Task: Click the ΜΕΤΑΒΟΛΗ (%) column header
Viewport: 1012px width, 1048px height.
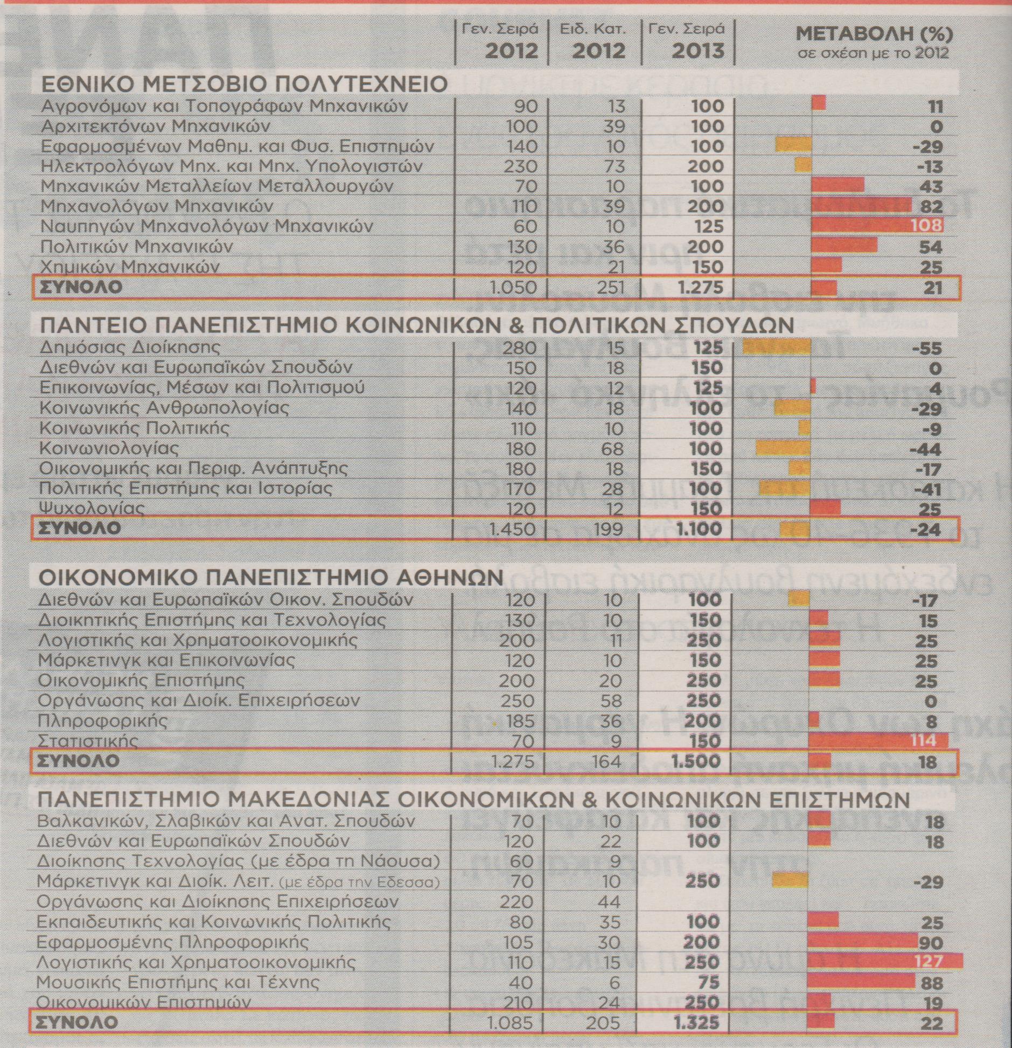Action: click(874, 34)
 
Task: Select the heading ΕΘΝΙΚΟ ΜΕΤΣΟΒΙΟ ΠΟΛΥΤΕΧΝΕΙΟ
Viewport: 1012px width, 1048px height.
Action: click(244, 84)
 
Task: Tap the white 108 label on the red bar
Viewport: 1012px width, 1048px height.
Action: click(926, 225)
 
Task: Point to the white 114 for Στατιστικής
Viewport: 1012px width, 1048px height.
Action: click(923, 740)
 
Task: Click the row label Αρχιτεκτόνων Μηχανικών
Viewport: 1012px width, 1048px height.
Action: click(155, 126)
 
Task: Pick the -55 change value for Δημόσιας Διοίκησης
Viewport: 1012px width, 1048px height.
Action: click(927, 349)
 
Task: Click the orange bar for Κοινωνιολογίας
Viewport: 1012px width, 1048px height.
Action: click(783, 448)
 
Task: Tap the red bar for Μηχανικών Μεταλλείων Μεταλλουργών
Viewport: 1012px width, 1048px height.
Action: click(837, 186)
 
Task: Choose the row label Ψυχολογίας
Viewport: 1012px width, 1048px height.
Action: click(92, 508)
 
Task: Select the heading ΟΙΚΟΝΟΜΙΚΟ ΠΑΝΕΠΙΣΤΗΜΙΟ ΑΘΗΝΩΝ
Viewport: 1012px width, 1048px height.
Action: click(271, 578)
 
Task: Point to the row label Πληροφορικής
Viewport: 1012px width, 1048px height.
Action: click(102, 720)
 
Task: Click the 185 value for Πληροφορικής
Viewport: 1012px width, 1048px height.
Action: click(516, 721)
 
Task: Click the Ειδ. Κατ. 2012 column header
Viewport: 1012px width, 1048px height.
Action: click(593, 40)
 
